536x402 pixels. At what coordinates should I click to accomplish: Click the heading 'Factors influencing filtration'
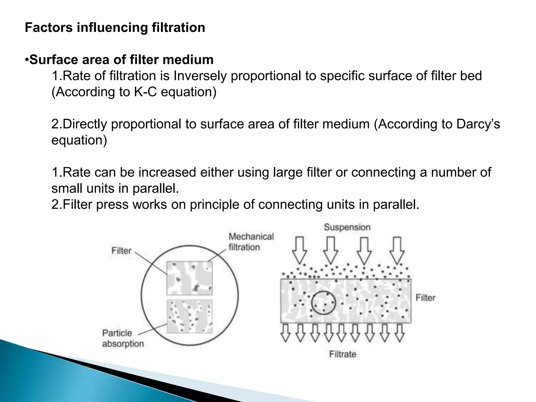point(115,28)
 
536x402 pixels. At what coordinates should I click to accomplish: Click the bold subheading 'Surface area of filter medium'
point(121,60)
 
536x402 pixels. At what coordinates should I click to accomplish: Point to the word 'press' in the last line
point(112,204)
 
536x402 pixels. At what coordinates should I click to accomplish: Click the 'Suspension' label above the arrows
point(347,227)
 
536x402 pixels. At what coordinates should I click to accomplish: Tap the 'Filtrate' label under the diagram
point(343,354)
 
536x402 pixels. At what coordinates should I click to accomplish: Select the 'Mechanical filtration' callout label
point(251,242)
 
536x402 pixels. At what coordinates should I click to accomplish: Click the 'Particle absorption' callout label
point(122,338)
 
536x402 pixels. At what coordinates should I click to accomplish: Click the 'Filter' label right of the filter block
point(425,298)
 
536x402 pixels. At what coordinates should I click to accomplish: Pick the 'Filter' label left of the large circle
point(121,251)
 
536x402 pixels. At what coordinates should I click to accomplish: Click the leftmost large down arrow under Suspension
point(299,250)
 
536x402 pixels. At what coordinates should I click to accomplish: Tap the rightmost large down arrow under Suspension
point(397,250)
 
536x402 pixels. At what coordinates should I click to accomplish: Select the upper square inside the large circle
point(189,278)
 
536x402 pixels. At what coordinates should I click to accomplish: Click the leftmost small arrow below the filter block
point(286,333)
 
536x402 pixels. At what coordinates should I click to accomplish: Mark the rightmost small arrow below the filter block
point(399,333)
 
